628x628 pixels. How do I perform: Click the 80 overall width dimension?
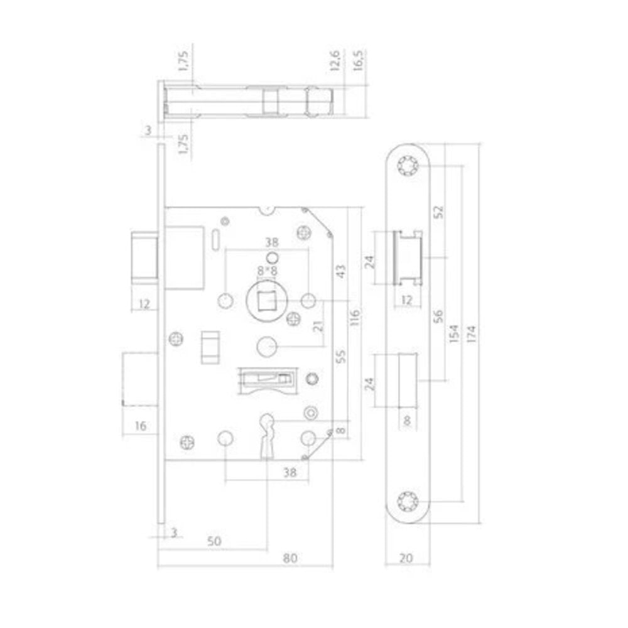coord(290,558)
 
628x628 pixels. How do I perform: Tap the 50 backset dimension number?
coord(214,541)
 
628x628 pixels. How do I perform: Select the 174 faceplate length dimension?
coord(472,333)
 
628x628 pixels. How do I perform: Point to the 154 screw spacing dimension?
coord(454,333)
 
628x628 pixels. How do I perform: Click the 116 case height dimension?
coord(355,317)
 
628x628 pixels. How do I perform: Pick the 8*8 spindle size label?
coord(267,271)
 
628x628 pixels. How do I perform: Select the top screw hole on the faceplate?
coord(408,165)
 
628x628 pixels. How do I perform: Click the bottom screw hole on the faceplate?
coord(408,501)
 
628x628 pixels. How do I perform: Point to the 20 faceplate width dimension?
coord(406,558)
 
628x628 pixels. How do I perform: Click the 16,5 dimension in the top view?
coord(358,61)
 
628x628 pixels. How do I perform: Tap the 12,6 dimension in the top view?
coord(335,61)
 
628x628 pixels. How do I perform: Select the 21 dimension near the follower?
coord(318,326)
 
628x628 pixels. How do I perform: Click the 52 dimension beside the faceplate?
coord(440,212)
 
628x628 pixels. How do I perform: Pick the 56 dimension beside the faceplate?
coord(439,316)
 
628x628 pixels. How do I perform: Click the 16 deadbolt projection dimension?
coord(141,426)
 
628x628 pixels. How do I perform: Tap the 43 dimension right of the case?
coord(341,271)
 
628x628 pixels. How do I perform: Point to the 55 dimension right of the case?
coord(341,356)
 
